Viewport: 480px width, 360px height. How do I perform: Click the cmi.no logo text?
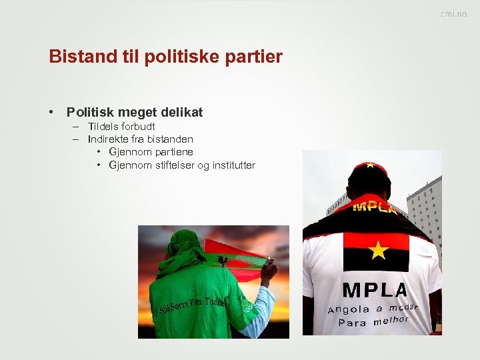tap(453, 14)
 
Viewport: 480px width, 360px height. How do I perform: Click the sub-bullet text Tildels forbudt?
tap(121, 127)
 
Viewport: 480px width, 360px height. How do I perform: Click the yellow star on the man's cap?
tap(367, 163)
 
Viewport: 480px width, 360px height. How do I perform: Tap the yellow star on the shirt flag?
tap(378, 251)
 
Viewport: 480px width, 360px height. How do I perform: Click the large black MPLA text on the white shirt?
tap(375, 291)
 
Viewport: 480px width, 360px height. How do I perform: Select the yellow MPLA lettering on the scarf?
tap(374, 207)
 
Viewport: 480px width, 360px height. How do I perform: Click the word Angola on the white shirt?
tap(349, 309)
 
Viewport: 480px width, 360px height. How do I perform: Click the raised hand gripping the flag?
tap(269, 269)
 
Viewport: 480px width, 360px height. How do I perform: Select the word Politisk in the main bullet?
tap(95, 113)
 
